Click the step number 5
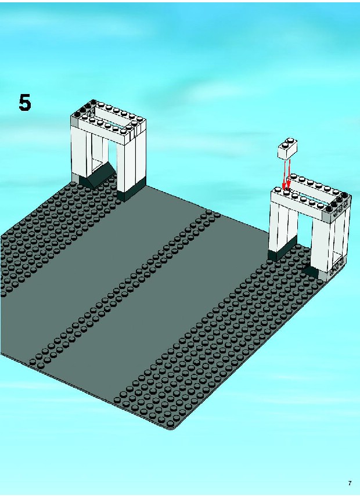point(25,102)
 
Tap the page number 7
point(350,483)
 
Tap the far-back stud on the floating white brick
point(290,140)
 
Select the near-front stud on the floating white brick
point(285,145)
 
